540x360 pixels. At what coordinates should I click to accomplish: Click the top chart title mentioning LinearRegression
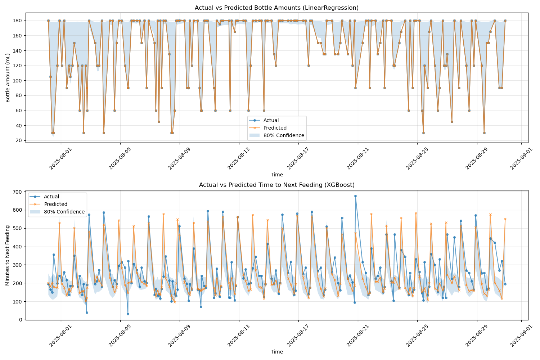click(276, 8)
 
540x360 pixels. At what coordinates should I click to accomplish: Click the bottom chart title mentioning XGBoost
click(276, 185)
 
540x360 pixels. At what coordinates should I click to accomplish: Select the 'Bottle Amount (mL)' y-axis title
click(8, 77)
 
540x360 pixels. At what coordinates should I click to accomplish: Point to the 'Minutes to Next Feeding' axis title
click(8, 255)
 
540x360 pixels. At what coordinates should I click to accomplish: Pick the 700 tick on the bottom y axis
click(18, 192)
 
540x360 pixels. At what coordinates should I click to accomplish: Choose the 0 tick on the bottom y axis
click(21, 320)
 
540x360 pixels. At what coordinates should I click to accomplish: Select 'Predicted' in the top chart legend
click(275, 128)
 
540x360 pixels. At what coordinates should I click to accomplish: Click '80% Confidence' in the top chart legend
click(284, 136)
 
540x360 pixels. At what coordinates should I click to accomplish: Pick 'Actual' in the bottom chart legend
click(51, 197)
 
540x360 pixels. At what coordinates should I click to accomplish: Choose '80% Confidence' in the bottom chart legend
click(64, 212)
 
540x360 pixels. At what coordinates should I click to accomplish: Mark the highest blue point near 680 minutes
click(355, 196)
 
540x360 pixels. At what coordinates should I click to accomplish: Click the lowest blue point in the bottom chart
click(128, 314)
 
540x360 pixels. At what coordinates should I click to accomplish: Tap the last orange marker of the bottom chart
click(505, 219)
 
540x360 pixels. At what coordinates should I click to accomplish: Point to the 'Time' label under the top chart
click(276, 175)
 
